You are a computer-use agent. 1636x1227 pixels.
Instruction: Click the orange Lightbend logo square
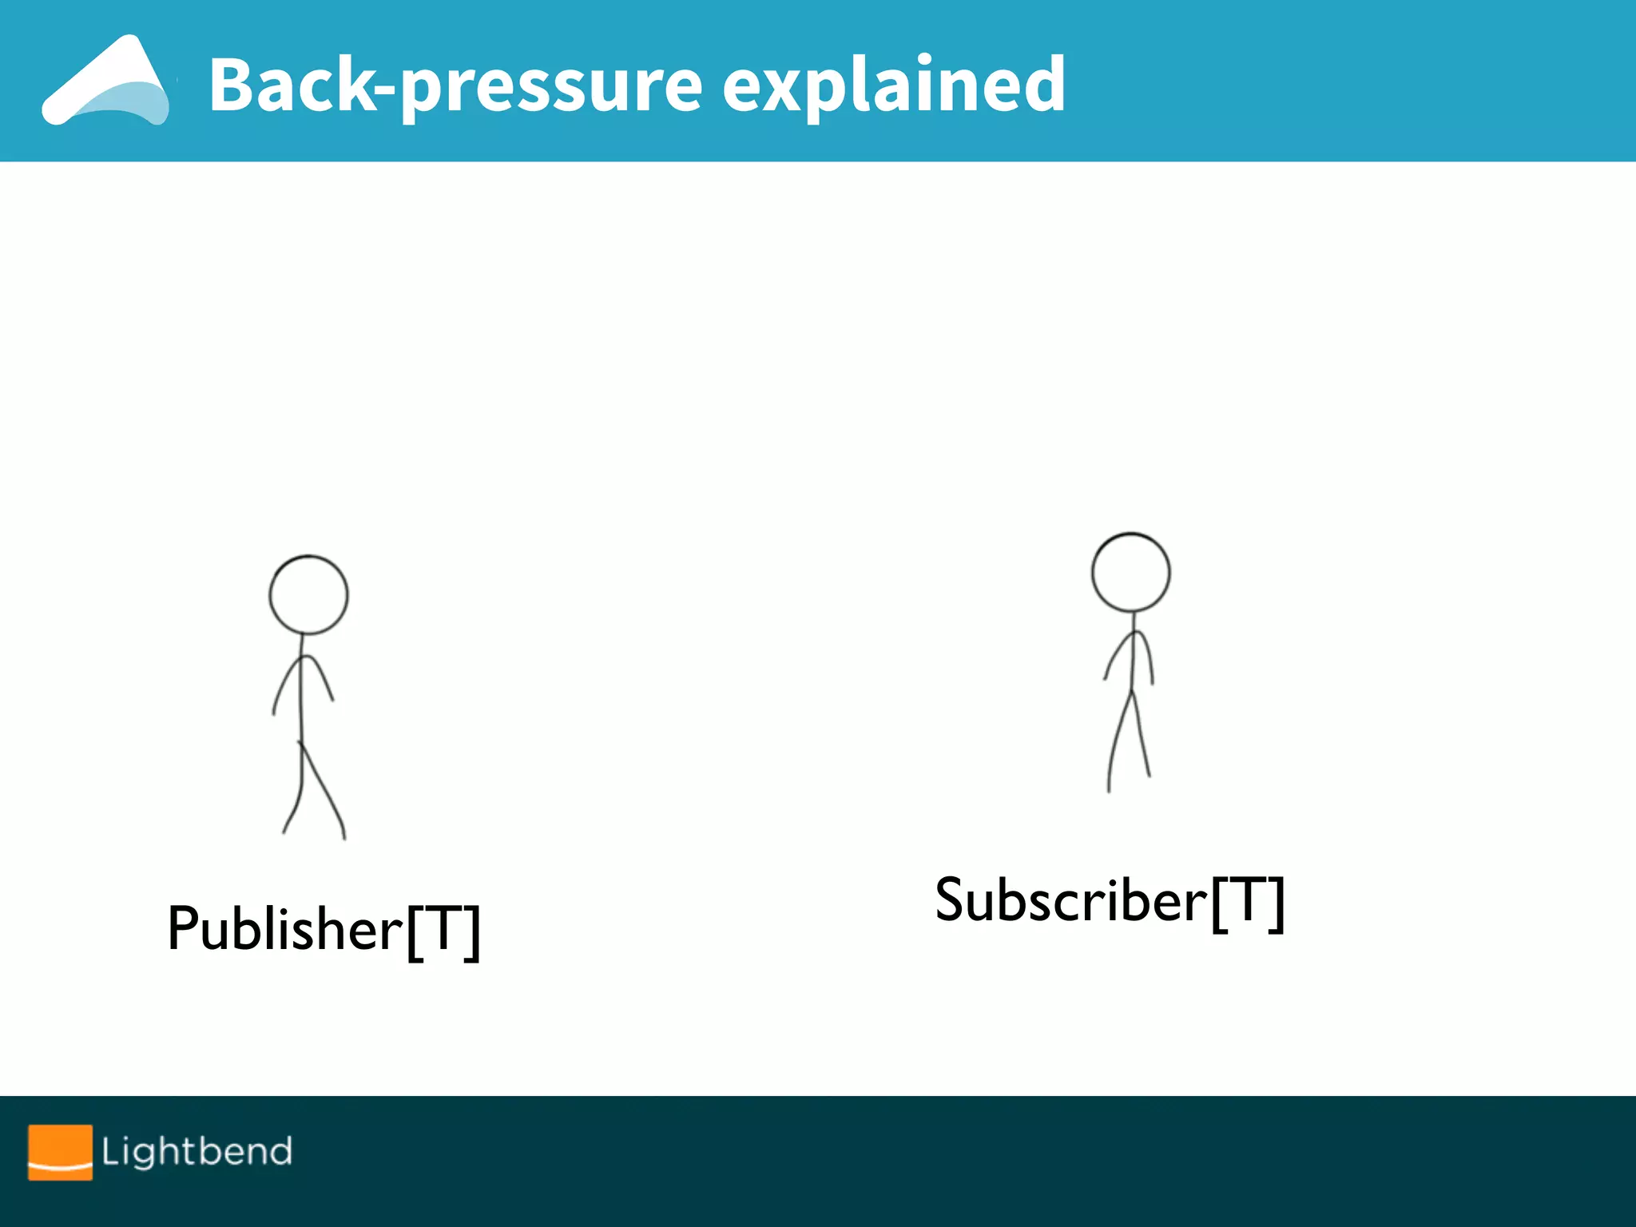coord(60,1152)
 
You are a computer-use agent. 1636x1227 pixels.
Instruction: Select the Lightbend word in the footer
coord(197,1151)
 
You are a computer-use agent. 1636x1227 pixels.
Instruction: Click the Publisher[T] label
coord(324,930)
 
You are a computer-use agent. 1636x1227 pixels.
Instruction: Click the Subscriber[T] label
coord(1110,901)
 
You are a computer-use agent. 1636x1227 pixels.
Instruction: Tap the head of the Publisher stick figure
coord(308,595)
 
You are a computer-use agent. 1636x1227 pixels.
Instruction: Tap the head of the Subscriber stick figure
coord(1130,573)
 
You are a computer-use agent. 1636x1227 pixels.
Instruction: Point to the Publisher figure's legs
coord(313,791)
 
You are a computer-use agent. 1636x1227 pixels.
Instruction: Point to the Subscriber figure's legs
coord(1128,743)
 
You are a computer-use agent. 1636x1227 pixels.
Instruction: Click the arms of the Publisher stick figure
coord(304,679)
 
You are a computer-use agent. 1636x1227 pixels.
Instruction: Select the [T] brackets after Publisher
coord(443,931)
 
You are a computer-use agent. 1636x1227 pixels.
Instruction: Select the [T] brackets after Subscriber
coord(1248,903)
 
